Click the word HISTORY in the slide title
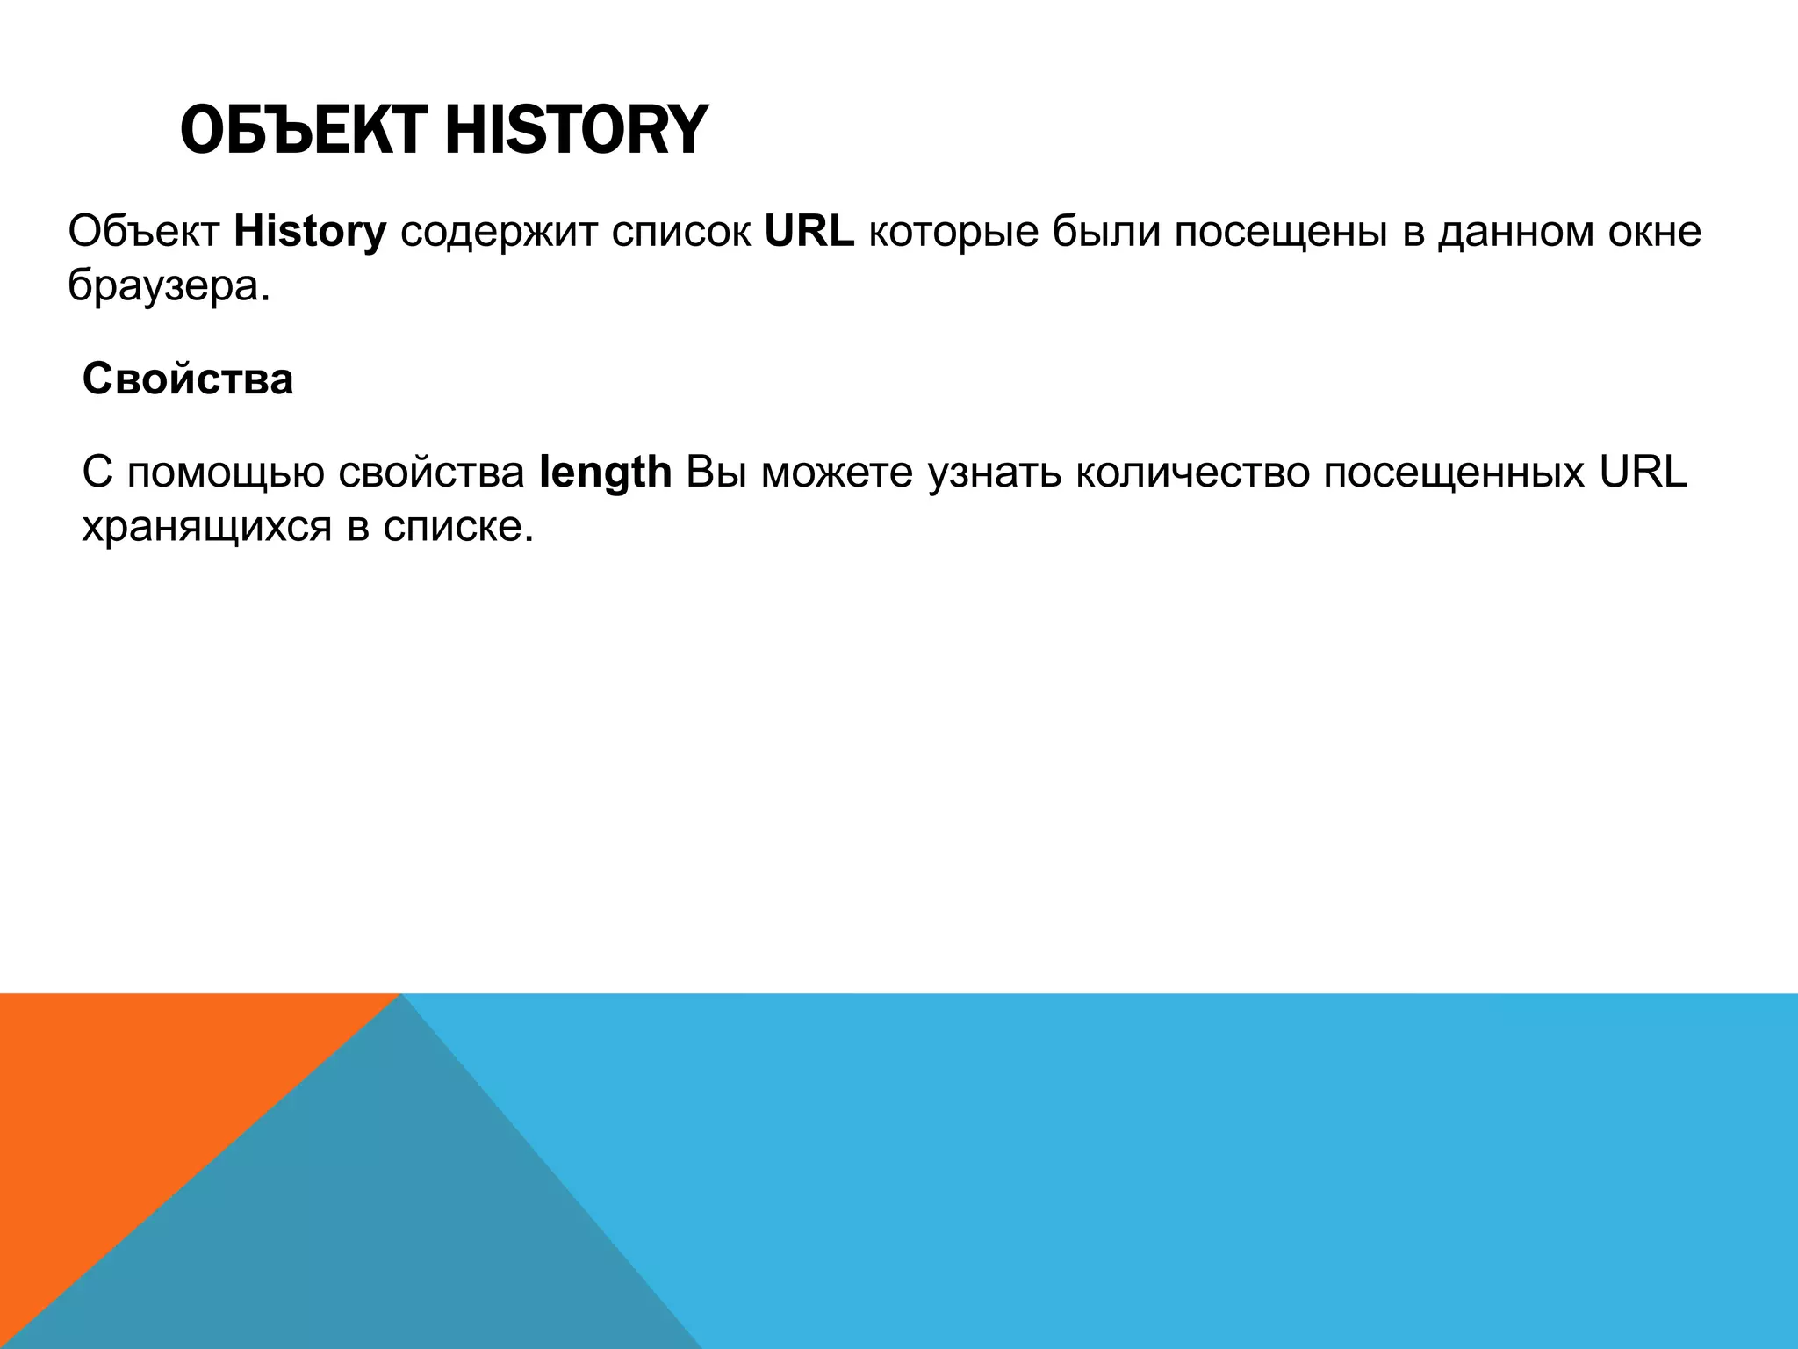pyautogui.click(x=575, y=130)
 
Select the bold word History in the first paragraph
pyautogui.click(x=310, y=232)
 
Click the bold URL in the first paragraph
pyautogui.click(x=809, y=232)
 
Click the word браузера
pyautogui.click(x=169, y=287)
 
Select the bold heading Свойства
pyautogui.click(x=188, y=379)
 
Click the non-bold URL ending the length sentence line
pyautogui.click(x=1643, y=473)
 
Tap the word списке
pyautogui.click(x=457, y=527)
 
